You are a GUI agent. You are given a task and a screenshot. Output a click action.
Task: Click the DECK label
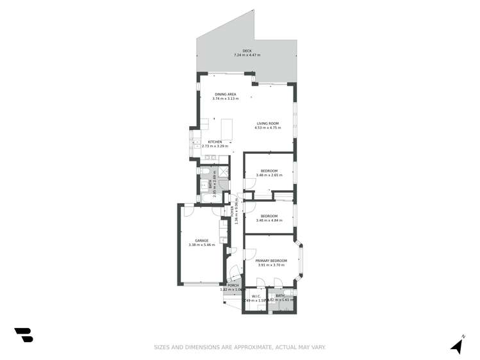[247, 51]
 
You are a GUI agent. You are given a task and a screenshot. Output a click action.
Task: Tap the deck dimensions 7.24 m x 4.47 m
[247, 56]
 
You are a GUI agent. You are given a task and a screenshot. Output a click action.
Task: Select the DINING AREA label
[225, 94]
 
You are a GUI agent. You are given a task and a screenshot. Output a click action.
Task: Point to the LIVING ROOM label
[267, 123]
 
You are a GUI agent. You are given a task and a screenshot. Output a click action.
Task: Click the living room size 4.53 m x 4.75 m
[267, 128]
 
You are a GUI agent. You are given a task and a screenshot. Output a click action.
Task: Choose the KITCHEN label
[215, 142]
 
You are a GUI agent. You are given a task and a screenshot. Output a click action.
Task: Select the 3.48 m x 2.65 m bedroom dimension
[269, 175]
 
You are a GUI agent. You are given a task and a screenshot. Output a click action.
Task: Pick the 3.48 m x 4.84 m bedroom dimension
[269, 220]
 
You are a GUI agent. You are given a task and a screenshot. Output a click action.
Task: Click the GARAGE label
[202, 240]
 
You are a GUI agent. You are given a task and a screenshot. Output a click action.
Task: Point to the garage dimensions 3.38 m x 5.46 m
[202, 245]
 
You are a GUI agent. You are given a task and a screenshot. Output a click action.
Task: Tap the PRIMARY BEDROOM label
[271, 260]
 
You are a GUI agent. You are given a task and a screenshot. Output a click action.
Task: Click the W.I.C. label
[256, 296]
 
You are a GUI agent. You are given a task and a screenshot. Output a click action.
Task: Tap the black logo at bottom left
[24, 334]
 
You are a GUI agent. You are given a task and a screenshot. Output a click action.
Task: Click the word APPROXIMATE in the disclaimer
[242, 347]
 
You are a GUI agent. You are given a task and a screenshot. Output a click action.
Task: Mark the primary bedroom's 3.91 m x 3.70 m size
[271, 265]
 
